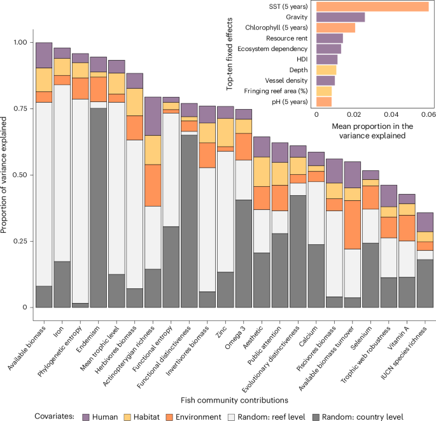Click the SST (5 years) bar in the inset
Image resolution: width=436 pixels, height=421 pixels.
pos(372,7)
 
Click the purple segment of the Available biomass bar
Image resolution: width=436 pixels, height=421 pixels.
pos(44,55)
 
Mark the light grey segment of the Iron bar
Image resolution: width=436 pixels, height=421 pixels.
pos(62,172)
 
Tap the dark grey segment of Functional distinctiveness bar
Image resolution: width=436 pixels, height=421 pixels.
pos(190,221)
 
